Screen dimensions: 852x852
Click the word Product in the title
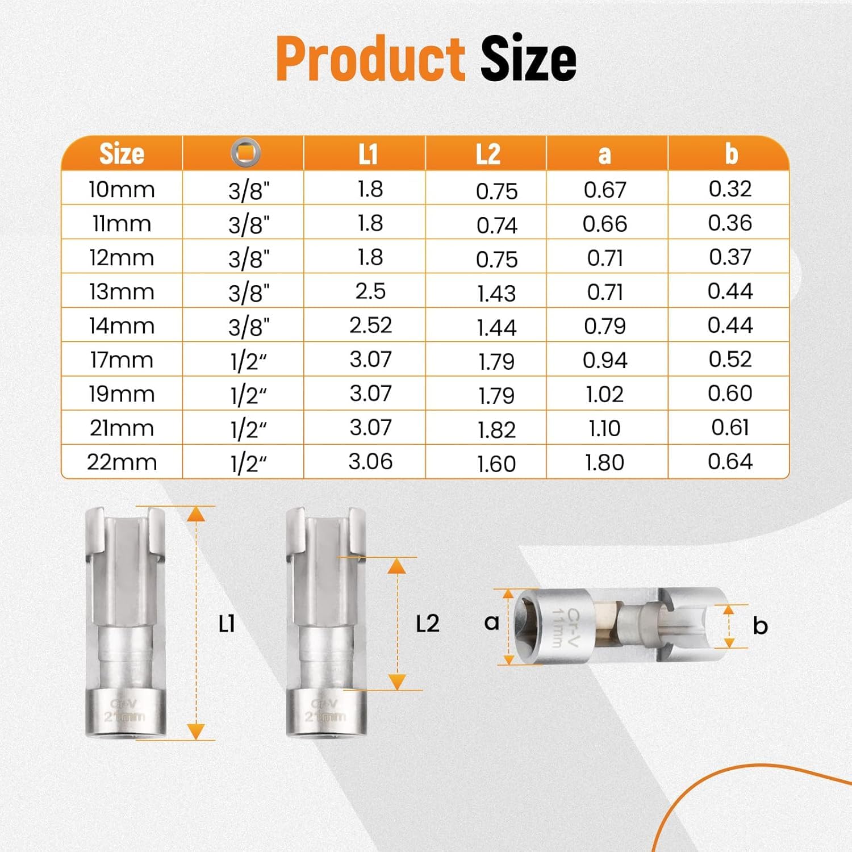371,59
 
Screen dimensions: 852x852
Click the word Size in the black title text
528,59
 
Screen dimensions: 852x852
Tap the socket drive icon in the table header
246,152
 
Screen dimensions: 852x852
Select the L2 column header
488,153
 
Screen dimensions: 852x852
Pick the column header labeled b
731,153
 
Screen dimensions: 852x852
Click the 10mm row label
122,189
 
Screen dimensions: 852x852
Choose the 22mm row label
122,462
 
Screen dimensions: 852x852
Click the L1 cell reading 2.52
370,325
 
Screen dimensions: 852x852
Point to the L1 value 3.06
370,461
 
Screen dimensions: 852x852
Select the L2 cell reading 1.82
496,429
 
